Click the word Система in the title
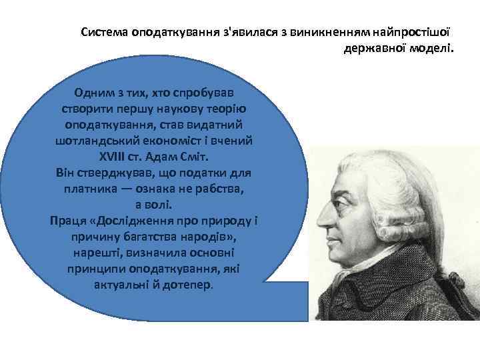point(105,32)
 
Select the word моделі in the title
point(433,48)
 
